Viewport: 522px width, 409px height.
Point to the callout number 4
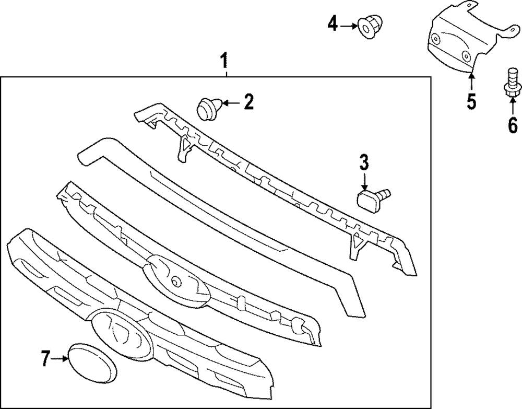[333, 23]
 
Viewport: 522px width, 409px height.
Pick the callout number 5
[471, 101]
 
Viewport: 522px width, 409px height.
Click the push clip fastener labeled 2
[208, 108]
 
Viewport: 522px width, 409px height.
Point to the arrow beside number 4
[349, 24]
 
